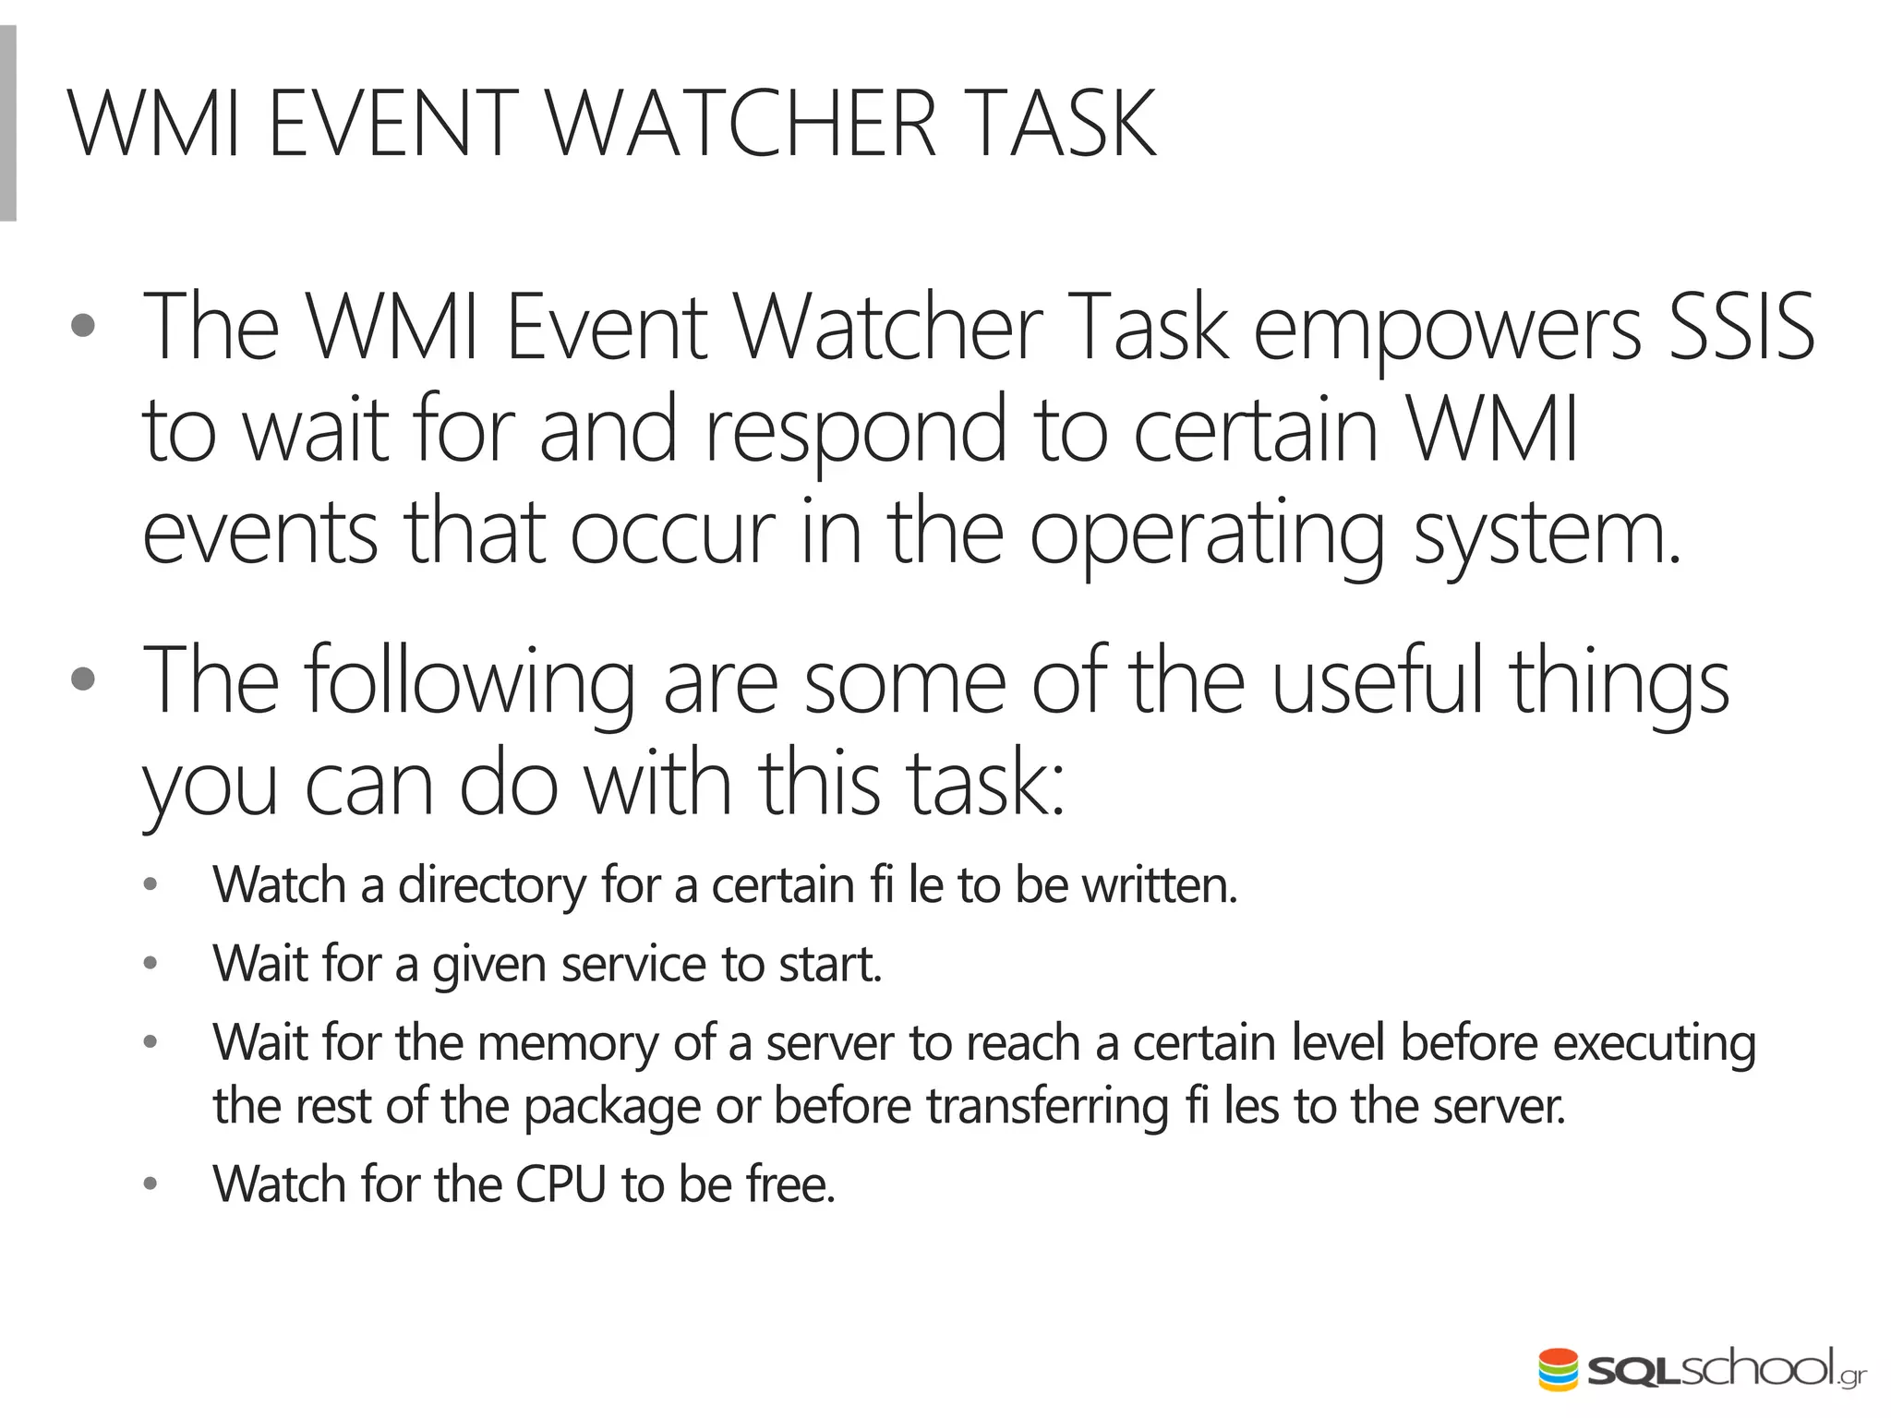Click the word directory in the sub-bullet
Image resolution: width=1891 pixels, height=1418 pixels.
pos(491,886)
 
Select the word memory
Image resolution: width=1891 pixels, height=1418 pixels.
pos(567,1043)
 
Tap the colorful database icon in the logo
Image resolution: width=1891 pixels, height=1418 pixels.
pos(1559,1369)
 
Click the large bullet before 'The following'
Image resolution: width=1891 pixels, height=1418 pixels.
pos(83,679)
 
